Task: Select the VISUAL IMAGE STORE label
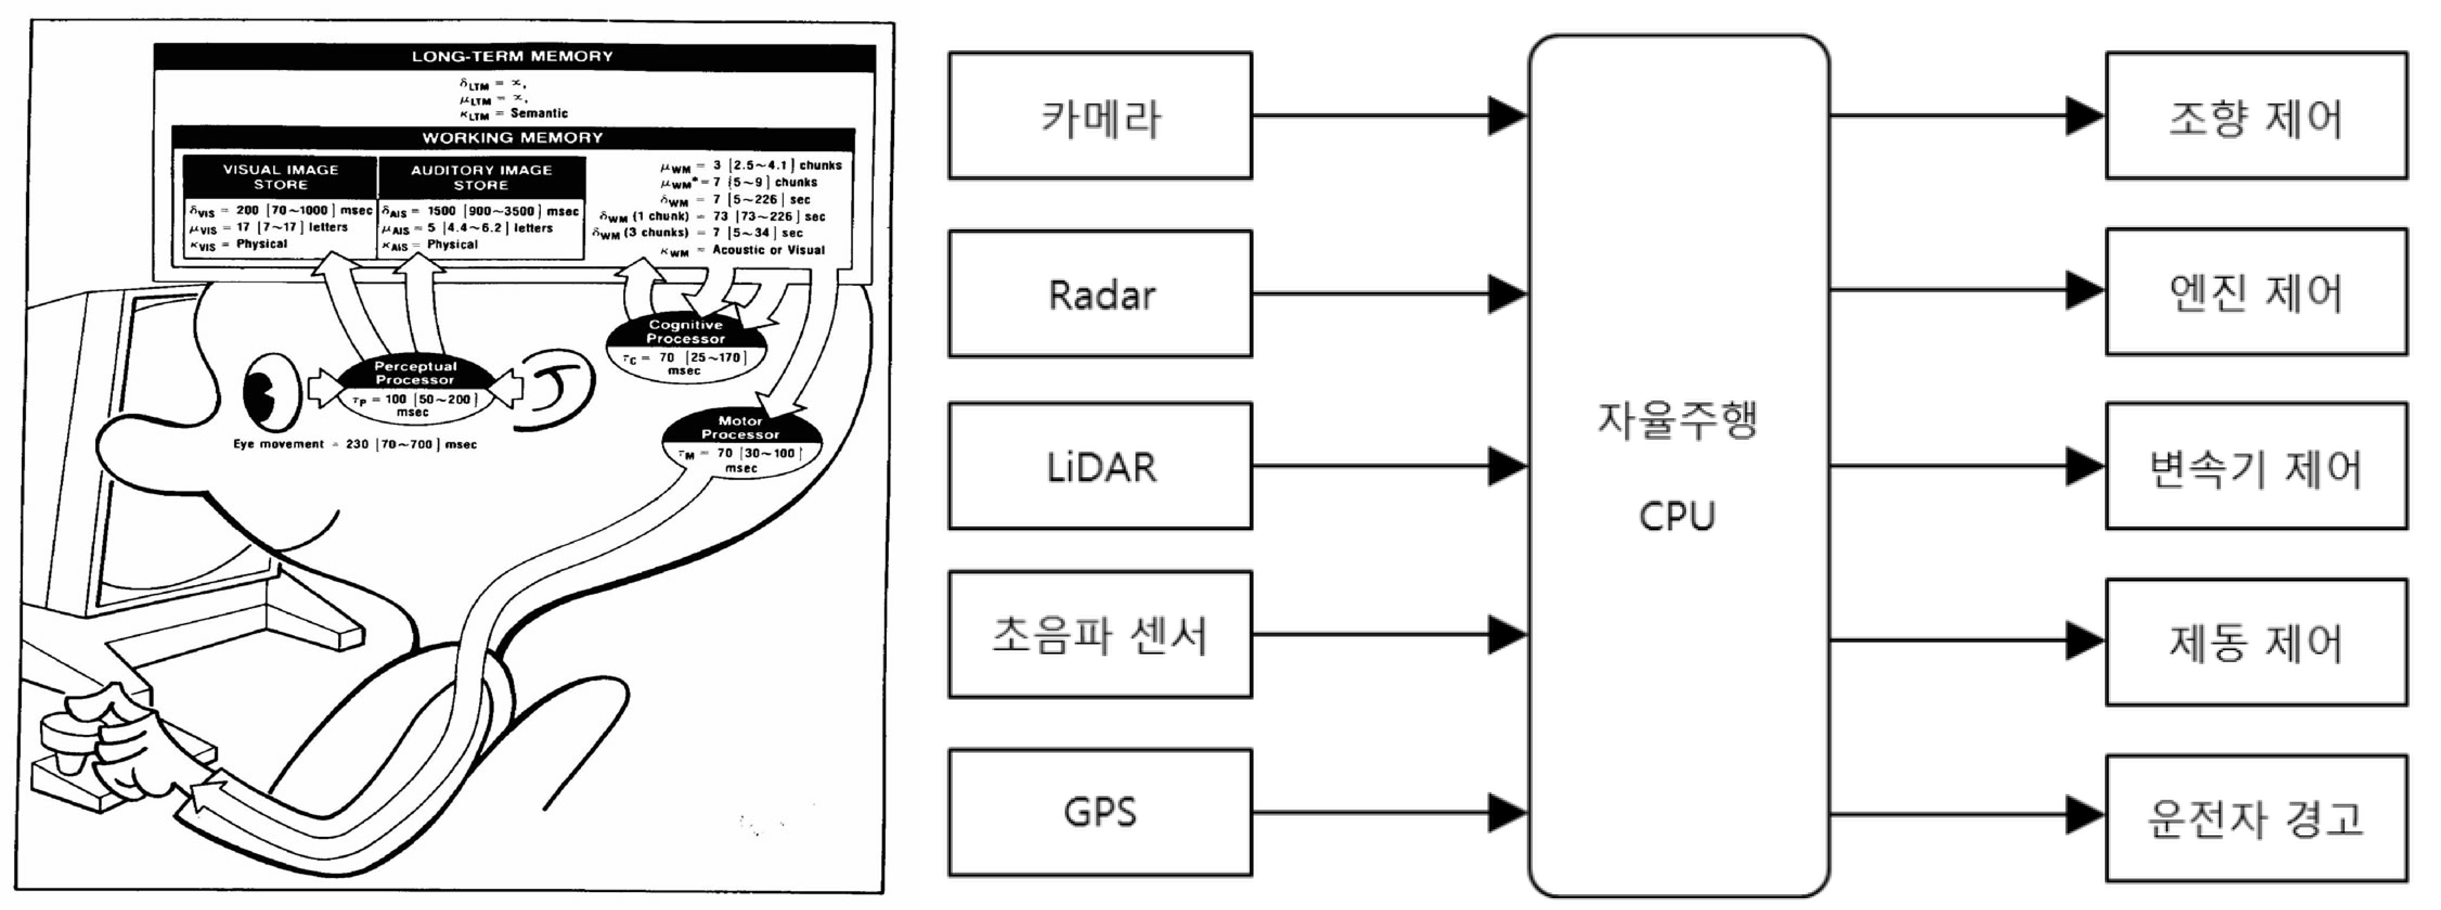(x=281, y=176)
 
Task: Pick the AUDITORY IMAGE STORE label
(x=481, y=176)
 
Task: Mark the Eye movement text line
(x=356, y=444)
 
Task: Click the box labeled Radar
(x=1100, y=294)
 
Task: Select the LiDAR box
(x=1100, y=466)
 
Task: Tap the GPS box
(x=1100, y=812)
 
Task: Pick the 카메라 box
(x=1100, y=116)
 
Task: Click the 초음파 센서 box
(x=1100, y=634)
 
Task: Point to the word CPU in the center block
(x=1677, y=517)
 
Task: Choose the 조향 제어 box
(x=2256, y=116)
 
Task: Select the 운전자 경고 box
(x=2256, y=818)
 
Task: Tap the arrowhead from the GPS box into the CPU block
(x=1507, y=812)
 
